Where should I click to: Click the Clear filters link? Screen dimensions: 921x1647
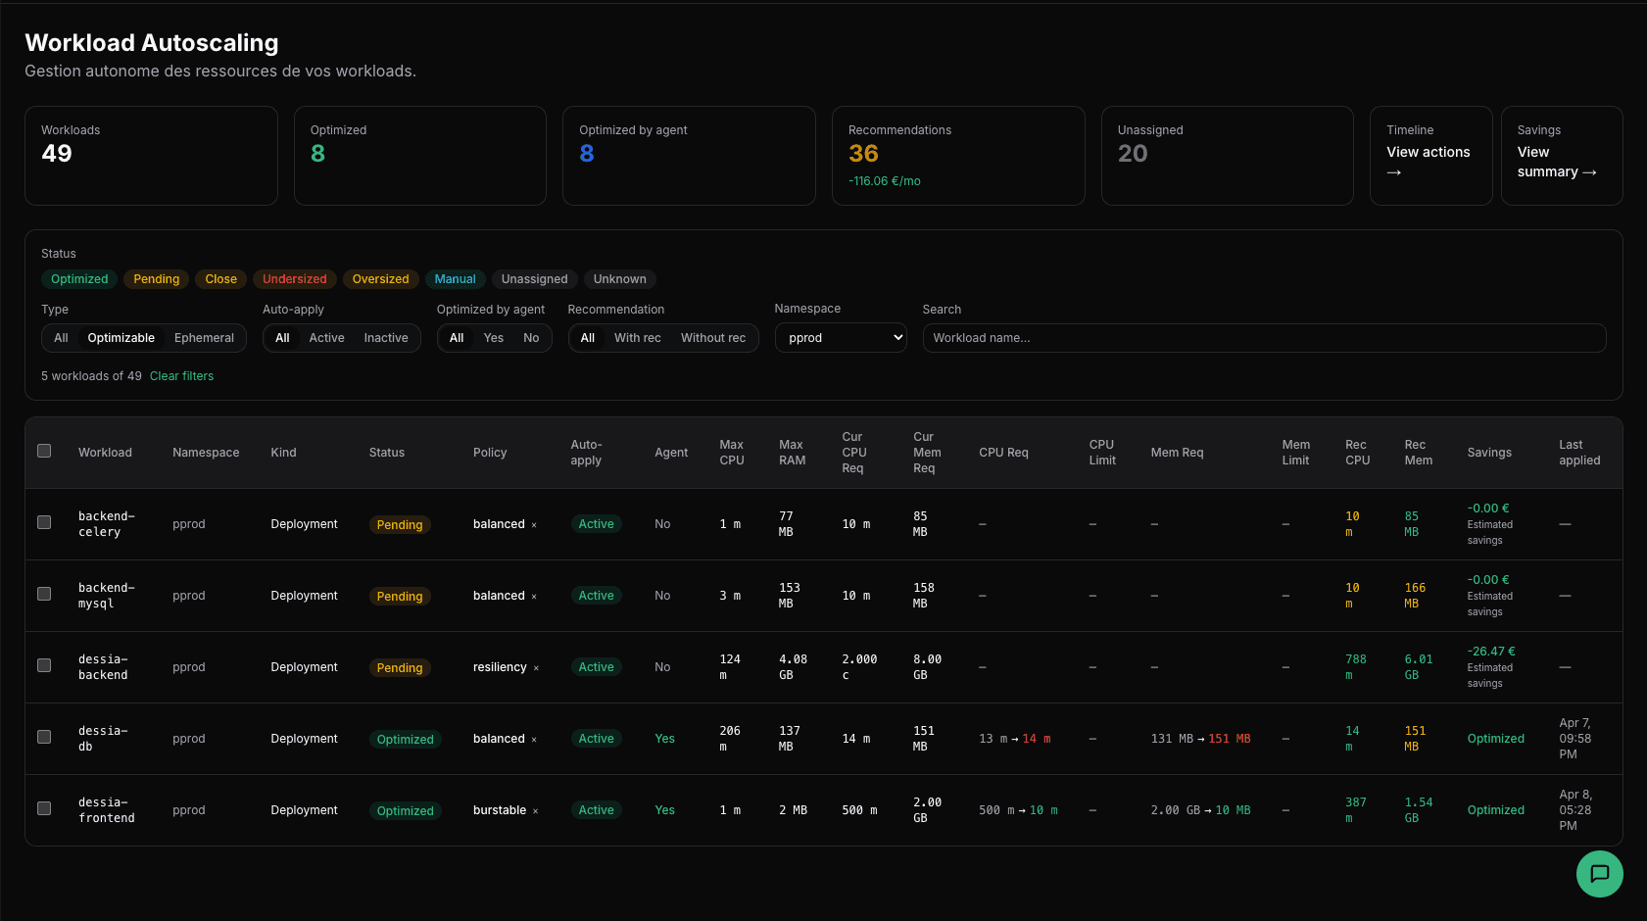[x=181, y=376]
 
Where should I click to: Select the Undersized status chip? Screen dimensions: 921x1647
[x=294, y=279]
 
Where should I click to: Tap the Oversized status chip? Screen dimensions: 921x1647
[x=380, y=279]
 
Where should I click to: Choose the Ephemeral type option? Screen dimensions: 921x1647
[x=204, y=338]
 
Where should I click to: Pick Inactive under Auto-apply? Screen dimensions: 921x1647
[x=385, y=338]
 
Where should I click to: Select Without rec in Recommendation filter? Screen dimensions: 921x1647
[x=712, y=338]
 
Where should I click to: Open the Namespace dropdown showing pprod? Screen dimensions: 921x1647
[x=841, y=338]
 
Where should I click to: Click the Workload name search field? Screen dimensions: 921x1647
[x=1264, y=338]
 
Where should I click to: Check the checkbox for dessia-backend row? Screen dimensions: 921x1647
[x=44, y=665]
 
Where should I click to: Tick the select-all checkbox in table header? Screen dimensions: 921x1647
[x=44, y=451]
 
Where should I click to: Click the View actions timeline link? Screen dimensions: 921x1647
[x=1428, y=161]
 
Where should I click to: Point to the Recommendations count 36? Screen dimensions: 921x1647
[x=863, y=154]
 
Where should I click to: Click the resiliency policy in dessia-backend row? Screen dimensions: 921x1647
[x=500, y=667]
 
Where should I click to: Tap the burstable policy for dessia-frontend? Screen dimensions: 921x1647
[x=500, y=810]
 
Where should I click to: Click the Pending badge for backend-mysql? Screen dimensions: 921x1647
[x=400, y=597]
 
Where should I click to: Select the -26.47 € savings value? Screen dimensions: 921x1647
[x=1490, y=652]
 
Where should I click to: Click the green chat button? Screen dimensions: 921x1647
[x=1599, y=873]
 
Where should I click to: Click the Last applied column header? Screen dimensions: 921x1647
[x=1578, y=453]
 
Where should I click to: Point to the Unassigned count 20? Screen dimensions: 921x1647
[x=1132, y=154]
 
